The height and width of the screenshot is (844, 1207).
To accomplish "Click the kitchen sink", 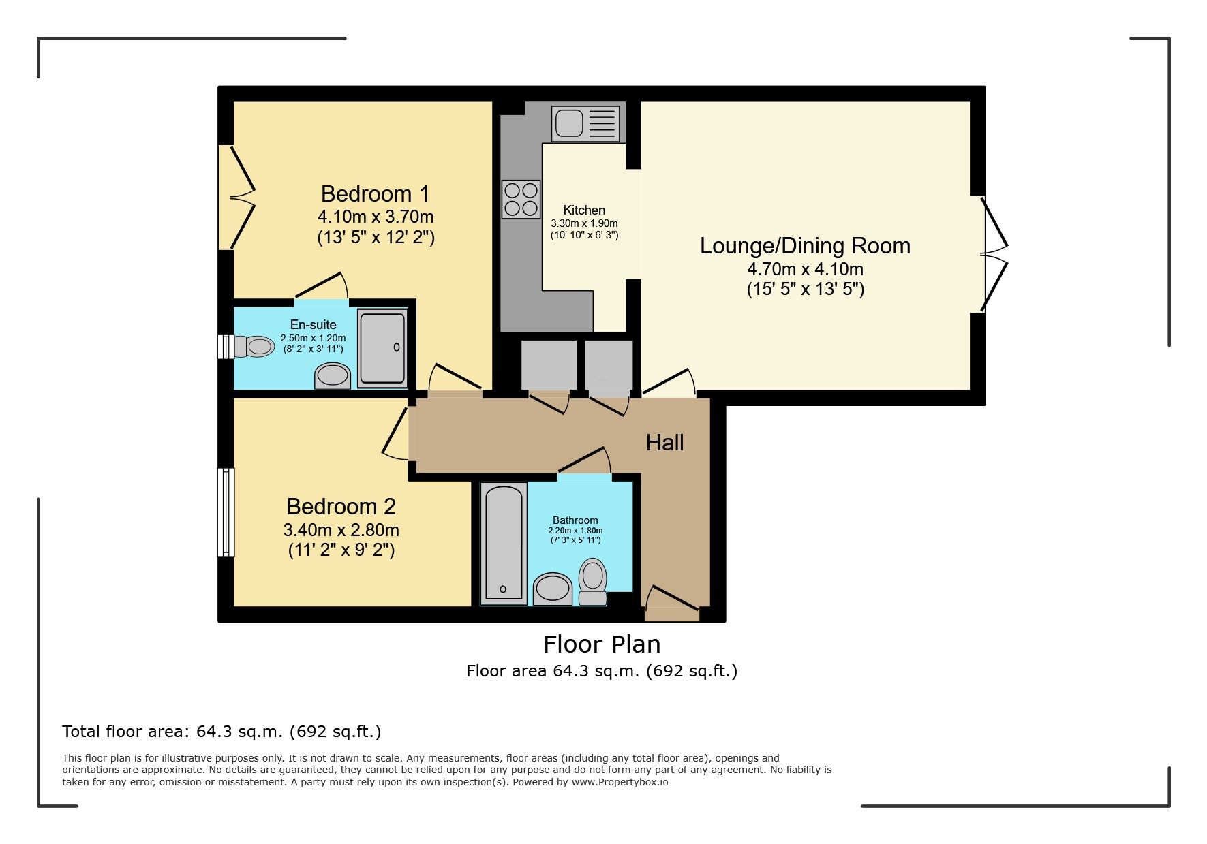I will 587,123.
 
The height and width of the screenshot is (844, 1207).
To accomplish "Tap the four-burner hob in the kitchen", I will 521,199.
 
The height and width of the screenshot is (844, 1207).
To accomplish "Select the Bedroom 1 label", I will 375,194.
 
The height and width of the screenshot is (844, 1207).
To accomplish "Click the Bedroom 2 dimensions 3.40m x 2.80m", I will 341,530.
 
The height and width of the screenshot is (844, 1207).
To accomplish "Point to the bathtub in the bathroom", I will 504,543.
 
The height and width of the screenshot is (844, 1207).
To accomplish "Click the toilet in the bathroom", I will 593,582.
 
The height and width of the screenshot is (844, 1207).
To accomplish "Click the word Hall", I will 664,443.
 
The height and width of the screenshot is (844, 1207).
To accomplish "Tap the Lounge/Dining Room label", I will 805,246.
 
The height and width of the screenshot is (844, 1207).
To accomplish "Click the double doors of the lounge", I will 992,254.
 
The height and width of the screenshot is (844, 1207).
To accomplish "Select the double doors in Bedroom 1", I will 239,198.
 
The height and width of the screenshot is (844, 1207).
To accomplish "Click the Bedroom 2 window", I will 226,512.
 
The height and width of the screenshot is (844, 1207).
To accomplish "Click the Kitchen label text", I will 584,210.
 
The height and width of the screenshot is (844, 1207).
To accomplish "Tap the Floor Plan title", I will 602,644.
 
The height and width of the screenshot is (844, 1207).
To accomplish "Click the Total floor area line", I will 221,732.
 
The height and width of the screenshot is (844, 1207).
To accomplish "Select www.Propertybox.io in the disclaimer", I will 620,782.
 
